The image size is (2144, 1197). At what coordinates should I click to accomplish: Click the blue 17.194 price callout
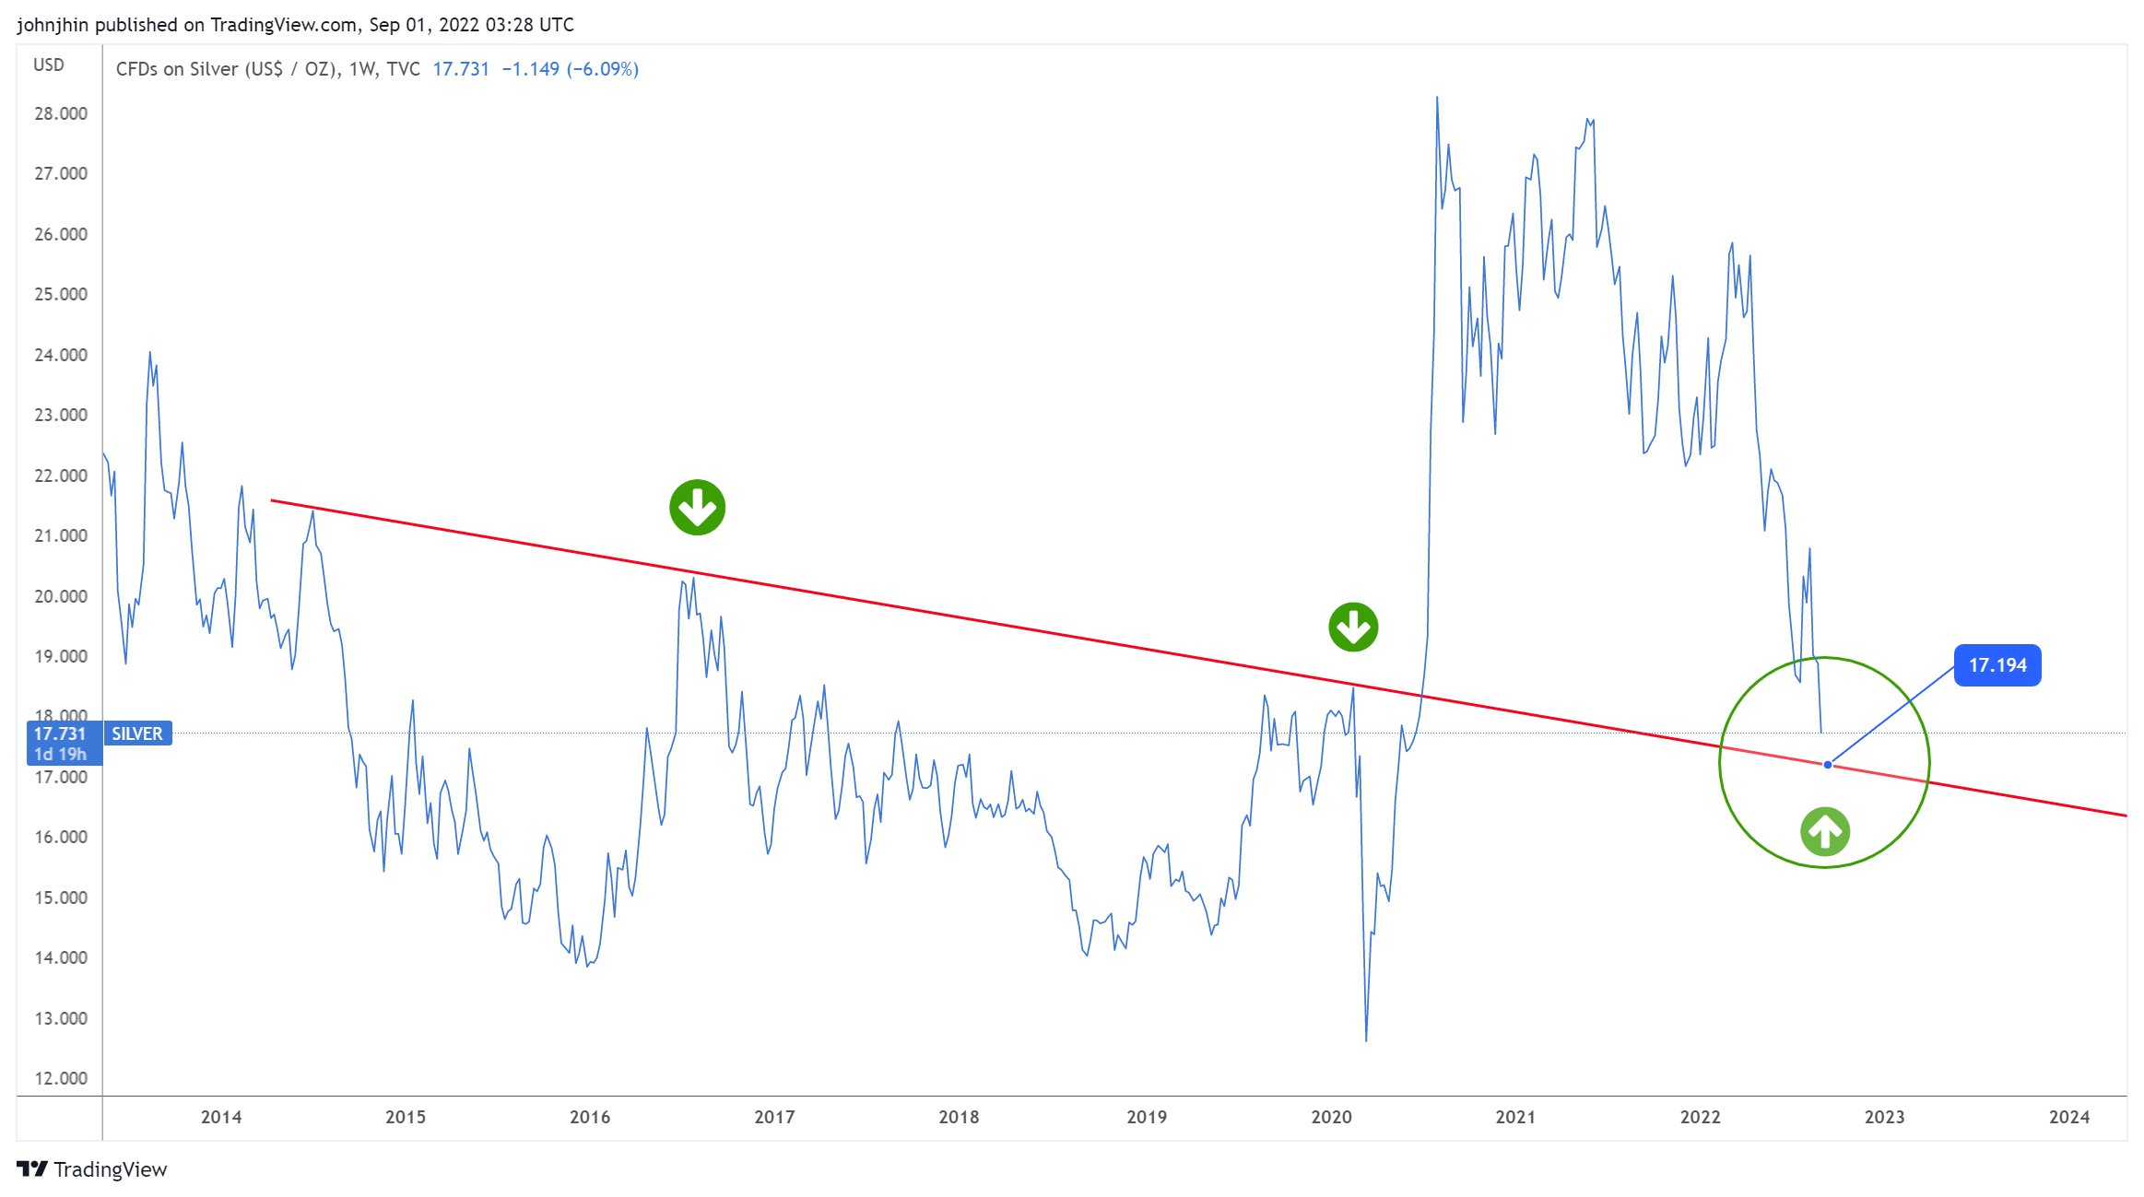point(1997,665)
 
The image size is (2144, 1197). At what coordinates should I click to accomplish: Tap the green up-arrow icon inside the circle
point(1824,831)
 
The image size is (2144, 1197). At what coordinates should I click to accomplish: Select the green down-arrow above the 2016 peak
point(697,507)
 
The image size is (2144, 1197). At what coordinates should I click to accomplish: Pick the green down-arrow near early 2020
point(1352,628)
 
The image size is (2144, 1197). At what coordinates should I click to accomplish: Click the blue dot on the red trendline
point(1827,765)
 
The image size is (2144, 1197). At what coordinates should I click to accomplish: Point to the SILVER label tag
point(137,733)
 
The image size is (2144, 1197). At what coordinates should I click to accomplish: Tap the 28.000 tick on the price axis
point(61,113)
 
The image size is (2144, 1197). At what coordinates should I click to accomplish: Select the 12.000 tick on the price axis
point(61,1078)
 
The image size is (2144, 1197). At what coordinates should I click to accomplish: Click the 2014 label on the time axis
point(221,1117)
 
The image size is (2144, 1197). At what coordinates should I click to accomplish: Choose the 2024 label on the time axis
point(2068,1117)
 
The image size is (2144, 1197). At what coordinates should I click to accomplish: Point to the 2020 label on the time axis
point(1331,1117)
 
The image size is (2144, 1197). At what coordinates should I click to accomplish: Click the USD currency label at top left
point(49,65)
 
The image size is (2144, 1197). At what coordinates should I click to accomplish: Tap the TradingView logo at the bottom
point(92,1169)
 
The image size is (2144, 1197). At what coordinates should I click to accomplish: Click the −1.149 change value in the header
point(530,69)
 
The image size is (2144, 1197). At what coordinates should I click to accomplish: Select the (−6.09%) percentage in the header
point(602,69)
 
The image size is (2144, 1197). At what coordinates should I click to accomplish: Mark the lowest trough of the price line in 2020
point(1365,1040)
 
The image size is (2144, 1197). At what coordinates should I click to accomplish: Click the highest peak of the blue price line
point(1436,98)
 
